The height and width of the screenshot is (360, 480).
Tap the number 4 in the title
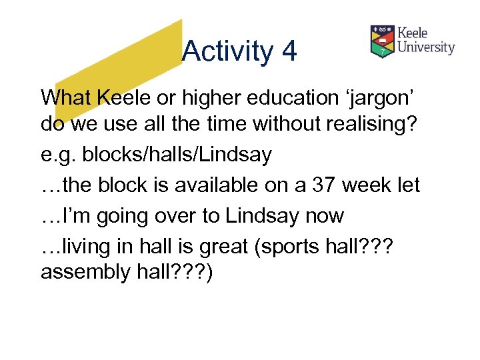click(289, 52)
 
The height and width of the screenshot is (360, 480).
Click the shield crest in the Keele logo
click(382, 41)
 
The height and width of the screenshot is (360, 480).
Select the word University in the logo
click(426, 47)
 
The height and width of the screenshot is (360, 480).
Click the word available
click(199, 185)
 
